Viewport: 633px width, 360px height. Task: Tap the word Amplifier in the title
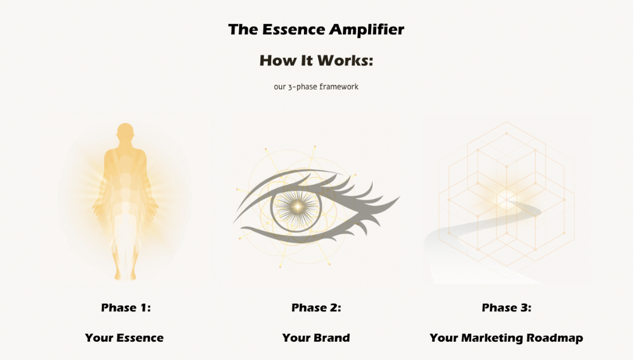(x=366, y=30)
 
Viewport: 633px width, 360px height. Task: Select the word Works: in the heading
(x=345, y=61)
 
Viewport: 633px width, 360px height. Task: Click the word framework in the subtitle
(x=339, y=87)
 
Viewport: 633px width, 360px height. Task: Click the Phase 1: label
(x=126, y=307)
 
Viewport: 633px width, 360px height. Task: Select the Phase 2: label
(x=316, y=307)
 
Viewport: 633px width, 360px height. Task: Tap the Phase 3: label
(x=506, y=307)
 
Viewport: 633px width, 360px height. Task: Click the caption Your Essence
(x=124, y=338)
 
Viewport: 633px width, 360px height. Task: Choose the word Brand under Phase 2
(x=332, y=338)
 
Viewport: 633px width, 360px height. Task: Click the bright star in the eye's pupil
(x=298, y=206)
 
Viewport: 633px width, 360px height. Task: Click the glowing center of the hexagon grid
(x=506, y=198)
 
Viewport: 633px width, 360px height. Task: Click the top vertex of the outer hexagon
(x=507, y=122)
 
